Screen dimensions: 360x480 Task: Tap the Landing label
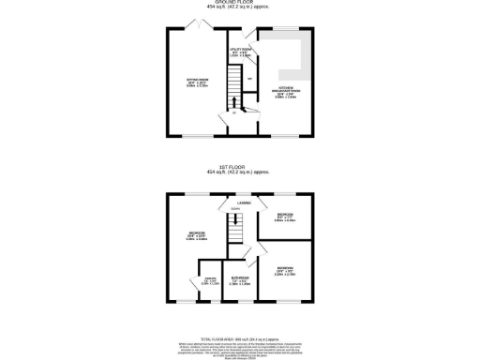point(243,201)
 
